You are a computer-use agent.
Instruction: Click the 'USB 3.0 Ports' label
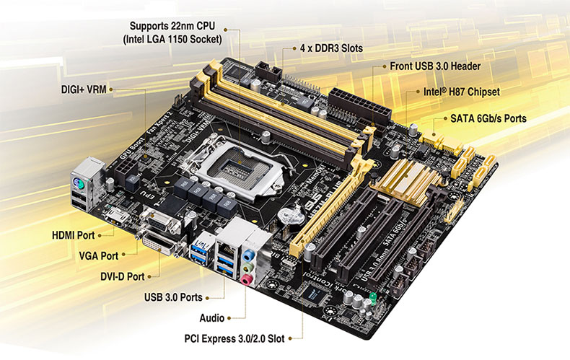click(x=172, y=297)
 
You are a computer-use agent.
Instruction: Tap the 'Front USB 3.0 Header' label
click(x=435, y=66)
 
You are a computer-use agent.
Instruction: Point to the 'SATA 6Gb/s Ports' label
click(x=489, y=118)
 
